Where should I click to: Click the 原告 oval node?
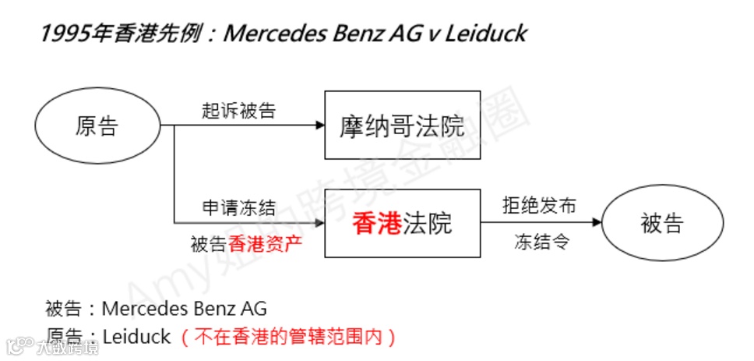[97, 126]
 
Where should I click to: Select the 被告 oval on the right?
[662, 224]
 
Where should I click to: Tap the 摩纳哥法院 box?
[402, 126]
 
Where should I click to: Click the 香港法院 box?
[402, 224]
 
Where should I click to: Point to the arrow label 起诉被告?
[238, 110]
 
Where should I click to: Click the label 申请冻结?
[238, 207]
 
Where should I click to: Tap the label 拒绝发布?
[539, 206]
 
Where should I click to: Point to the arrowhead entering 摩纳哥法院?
[319, 125]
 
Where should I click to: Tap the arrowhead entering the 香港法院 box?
[319, 223]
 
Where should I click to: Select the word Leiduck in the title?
[487, 34]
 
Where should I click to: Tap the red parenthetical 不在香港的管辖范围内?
[289, 337]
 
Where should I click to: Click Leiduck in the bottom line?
[136, 337]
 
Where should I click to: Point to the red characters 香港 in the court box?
[377, 224]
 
